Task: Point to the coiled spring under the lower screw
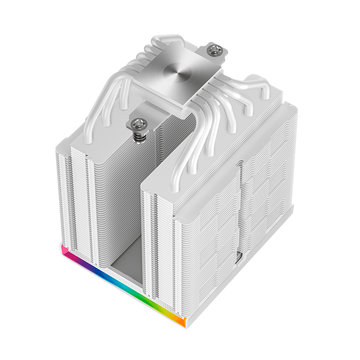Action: pos(139,136)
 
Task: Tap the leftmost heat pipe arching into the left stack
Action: pos(90,115)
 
